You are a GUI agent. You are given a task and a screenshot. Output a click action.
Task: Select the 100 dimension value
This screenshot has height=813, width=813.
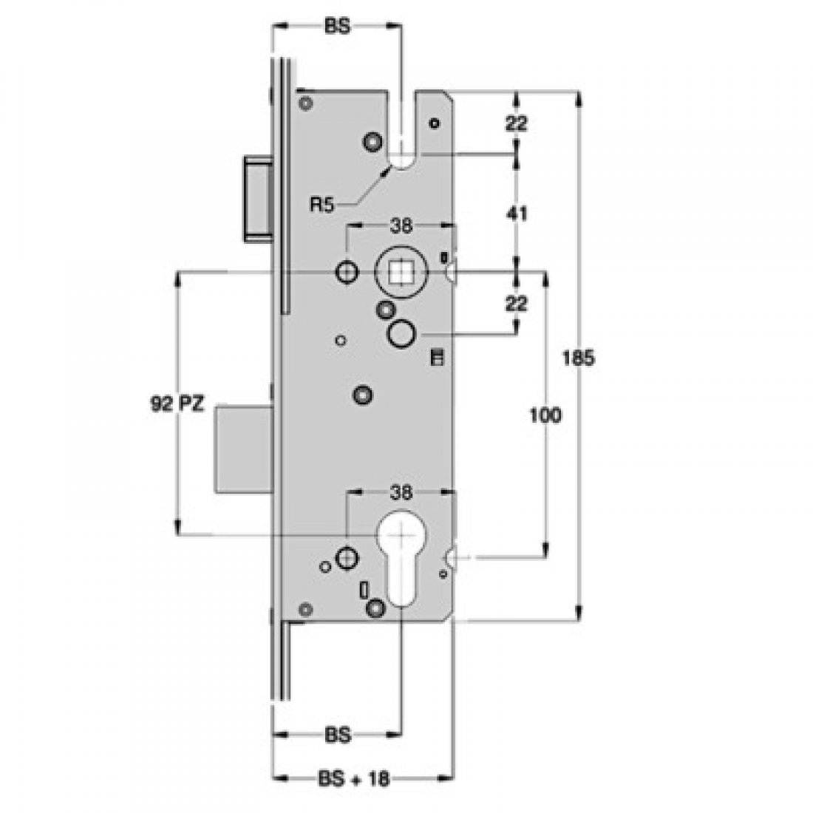545,415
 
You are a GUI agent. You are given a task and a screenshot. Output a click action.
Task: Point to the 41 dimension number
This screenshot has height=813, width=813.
517,214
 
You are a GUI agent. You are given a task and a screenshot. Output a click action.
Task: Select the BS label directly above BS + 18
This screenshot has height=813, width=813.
336,736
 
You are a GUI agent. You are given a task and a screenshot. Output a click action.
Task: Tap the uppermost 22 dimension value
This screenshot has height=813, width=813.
517,123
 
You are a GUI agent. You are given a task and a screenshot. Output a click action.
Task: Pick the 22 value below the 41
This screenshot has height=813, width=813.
517,305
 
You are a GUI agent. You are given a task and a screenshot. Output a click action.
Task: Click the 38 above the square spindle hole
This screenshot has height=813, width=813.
400,228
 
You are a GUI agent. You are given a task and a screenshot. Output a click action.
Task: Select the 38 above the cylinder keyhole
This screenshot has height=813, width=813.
400,492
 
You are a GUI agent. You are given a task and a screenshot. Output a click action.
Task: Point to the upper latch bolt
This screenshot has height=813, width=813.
257,198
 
